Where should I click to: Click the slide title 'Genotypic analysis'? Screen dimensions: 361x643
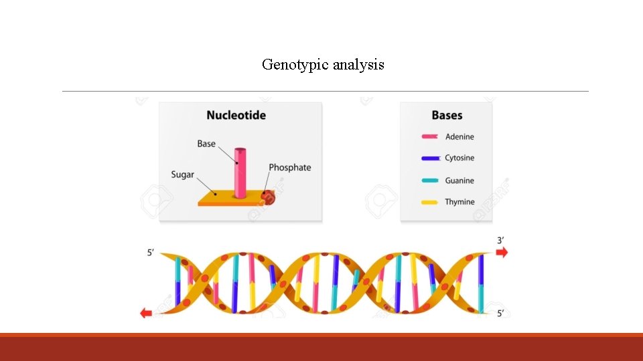323,65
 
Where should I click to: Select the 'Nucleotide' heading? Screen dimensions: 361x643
236,115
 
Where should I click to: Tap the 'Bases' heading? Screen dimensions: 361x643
447,115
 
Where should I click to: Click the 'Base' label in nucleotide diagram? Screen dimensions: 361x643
206,144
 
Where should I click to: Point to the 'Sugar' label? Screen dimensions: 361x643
182,174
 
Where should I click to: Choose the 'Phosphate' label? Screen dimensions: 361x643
289,167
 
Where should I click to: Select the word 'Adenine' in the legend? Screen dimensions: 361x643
459,137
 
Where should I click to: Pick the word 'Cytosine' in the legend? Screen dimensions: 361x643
459,158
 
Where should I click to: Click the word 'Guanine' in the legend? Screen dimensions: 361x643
459,180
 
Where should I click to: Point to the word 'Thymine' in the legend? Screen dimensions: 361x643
459,202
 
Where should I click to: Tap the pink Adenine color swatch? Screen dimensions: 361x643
430,137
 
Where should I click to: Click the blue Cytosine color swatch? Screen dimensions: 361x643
430,158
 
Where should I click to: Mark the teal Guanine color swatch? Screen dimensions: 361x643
430,180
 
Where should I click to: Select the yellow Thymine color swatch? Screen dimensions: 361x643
430,202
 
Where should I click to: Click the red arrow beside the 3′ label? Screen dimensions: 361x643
501,253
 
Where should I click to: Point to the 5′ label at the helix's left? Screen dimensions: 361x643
151,253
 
